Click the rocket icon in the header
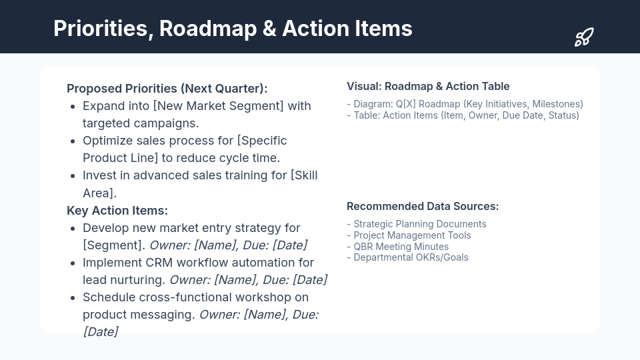[584, 37]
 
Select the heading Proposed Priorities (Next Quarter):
[167, 89]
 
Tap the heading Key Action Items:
[117, 211]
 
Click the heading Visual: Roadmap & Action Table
[428, 87]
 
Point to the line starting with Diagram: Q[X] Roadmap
[465, 104]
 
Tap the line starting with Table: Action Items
[463, 115]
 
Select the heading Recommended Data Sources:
[423, 207]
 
